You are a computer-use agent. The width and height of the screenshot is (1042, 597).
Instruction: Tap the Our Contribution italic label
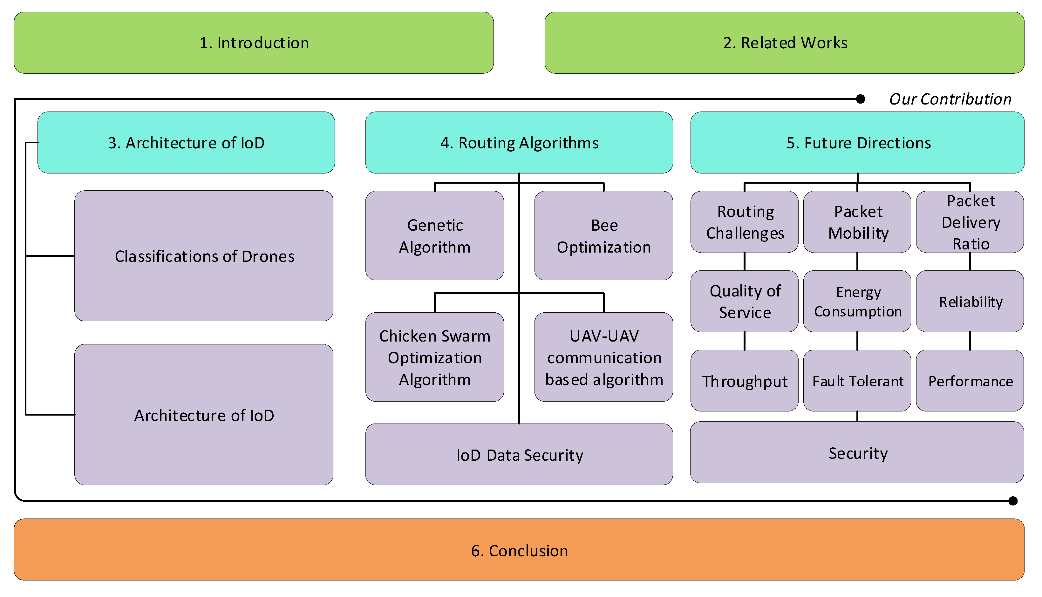[950, 99]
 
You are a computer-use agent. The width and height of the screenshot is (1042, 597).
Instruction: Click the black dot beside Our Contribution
[860, 99]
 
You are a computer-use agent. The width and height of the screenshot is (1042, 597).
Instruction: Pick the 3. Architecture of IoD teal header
[186, 143]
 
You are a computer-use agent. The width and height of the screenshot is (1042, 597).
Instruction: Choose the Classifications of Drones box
[204, 256]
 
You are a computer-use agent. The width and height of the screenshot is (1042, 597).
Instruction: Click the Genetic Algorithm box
[434, 236]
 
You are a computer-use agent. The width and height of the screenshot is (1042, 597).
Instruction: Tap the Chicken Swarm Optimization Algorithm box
[434, 357]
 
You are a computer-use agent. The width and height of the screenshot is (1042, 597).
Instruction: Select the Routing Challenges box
[744, 222]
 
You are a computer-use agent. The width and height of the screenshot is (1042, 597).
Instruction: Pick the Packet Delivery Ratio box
[970, 222]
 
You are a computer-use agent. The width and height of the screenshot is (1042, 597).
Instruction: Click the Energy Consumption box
[857, 302]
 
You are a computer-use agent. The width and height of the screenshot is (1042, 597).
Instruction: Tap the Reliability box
[970, 302]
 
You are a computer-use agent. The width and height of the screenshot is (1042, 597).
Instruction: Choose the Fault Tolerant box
[857, 381]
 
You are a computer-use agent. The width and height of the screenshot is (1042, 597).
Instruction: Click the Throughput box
[744, 381]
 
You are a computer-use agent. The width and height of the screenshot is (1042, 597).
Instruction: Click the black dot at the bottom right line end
[1013, 501]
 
